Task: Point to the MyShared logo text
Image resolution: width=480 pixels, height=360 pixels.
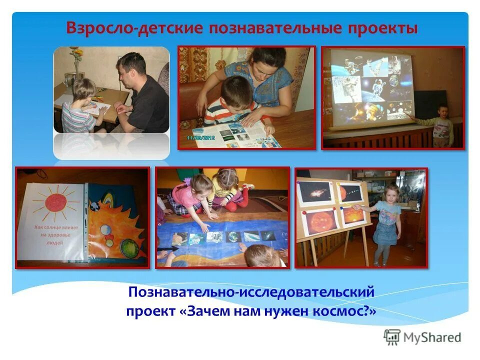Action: pos(432,337)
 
